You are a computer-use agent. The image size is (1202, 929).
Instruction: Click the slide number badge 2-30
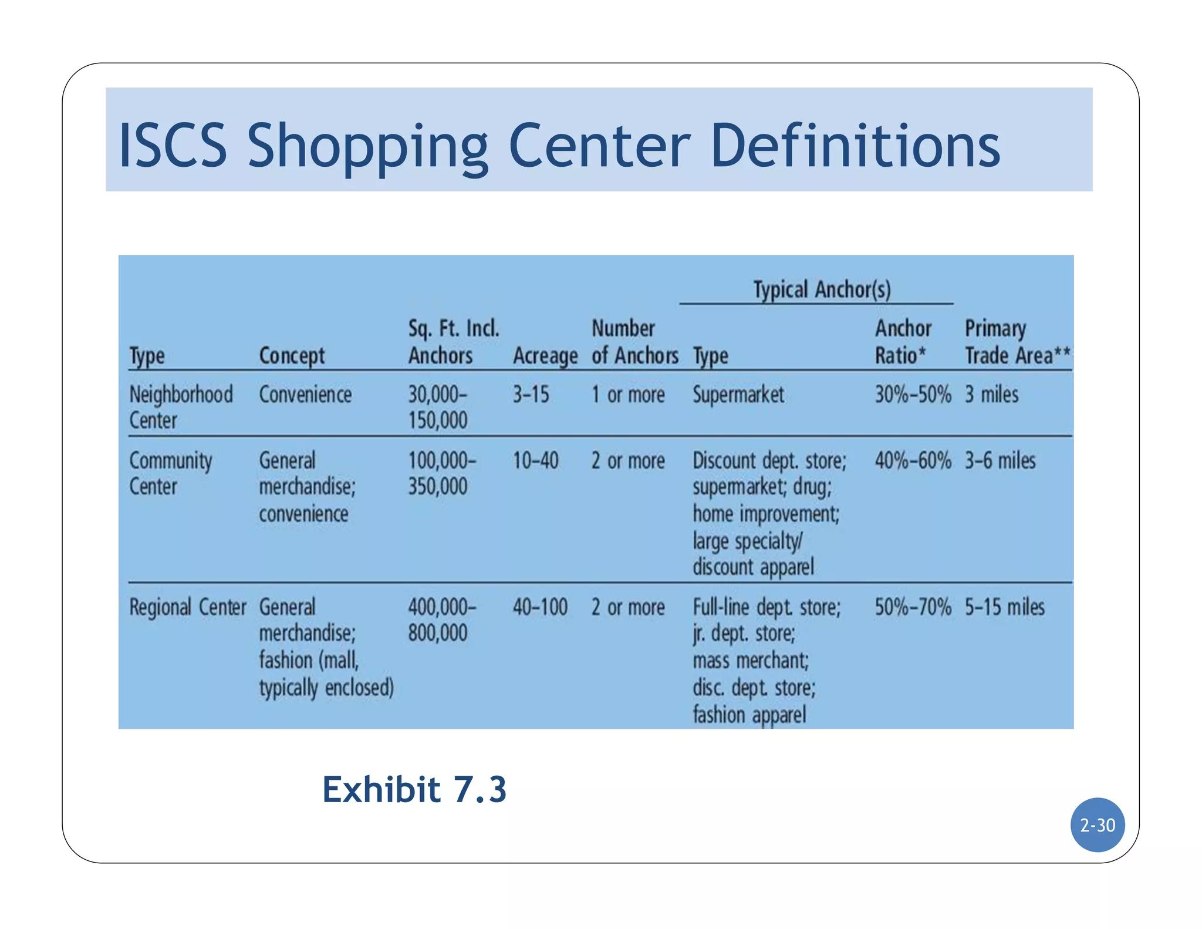click(x=1097, y=824)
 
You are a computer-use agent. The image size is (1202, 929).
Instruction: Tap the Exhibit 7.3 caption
click(x=414, y=789)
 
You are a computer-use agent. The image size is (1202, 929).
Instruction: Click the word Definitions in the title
click(x=855, y=146)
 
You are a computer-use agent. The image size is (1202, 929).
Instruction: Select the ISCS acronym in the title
click(x=173, y=146)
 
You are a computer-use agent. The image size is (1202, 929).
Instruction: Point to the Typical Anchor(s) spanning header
click(x=822, y=290)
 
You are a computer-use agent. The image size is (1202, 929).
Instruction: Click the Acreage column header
click(x=545, y=356)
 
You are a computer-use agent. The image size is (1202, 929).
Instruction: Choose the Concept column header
click(x=292, y=356)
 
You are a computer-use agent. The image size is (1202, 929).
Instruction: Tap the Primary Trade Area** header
click(x=1017, y=342)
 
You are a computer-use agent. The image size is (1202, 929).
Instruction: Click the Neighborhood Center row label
click(x=181, y=407)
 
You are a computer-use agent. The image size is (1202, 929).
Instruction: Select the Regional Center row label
click(x=188, y=607)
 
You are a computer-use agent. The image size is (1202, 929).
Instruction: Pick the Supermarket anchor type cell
click(x=738, y=395)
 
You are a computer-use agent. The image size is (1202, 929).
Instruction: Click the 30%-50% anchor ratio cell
click(x=913, y=395)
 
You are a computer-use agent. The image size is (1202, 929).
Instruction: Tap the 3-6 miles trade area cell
click(x=1000, y=460)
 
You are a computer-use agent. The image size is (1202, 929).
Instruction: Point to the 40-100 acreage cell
click(x=540, y=607)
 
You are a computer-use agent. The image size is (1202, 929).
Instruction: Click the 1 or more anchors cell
click(x=628, y=395)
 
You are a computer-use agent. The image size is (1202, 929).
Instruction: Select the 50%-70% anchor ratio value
click(x=913, y=607)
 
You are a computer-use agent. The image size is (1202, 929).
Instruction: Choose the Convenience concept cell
click(x=305, y=395)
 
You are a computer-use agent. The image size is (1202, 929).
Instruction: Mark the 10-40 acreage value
click(x=535, y=460)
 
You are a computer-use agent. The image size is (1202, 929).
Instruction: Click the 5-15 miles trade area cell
click(x=1005, y=607)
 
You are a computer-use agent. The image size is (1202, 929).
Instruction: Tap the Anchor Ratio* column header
click(x=903, y=342)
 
